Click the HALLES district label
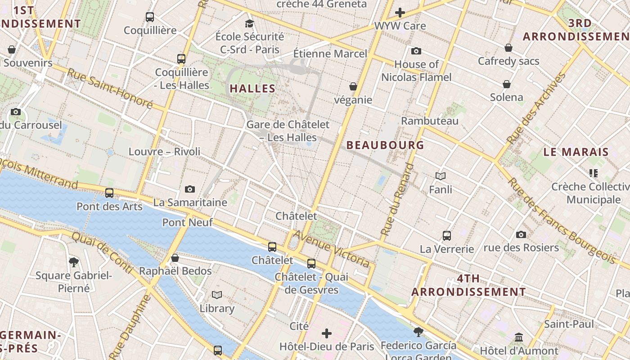point(252,89)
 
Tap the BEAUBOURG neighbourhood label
point(385,145)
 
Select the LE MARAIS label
point(576,152)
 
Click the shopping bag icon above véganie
point(353,86)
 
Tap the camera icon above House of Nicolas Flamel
point(416,51)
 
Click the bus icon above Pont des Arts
point(109,193)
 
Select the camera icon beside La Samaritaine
point(190,189)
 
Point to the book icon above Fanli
point(441,176)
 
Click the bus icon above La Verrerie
point(447,235)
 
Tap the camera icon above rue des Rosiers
point(521,234)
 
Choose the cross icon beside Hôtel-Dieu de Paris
point(327,333)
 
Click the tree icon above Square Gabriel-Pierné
point(74,262)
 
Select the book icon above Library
point(217,295)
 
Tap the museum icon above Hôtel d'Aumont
point(519,337)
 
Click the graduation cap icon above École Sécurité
point(249,23)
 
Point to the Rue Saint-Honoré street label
point(110,88)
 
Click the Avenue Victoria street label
point(332,248)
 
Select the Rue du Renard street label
point(397,199)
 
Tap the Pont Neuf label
point(187,222)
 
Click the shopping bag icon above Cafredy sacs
point(508,48)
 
